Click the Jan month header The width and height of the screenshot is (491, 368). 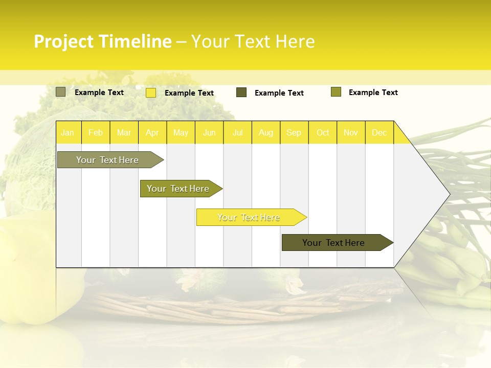(x=68, y=132)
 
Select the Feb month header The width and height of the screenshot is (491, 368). (x=96, y=132)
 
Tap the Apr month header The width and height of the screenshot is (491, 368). (x=152, y=132)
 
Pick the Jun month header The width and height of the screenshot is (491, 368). (x=209, y=132)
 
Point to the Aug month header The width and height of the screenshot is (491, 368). (x=265, y=132)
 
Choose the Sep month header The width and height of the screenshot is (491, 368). (x=294, y=132)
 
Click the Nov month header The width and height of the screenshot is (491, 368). (x=350, y=132)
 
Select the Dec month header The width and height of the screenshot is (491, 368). (x=379, y=132)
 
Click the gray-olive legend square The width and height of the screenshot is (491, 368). (x=61, y=92)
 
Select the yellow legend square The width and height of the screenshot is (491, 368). (x=151, y=93)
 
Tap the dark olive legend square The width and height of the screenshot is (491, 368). (x=241, y=93)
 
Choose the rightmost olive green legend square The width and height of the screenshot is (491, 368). (x=336, y=92)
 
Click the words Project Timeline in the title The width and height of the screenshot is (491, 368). (x=102, y=41)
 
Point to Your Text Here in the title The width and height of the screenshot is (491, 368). (x=253, y=41)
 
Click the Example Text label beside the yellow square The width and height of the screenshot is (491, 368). (x=189, y=93)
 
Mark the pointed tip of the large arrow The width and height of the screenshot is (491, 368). (x=449, y=194)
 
